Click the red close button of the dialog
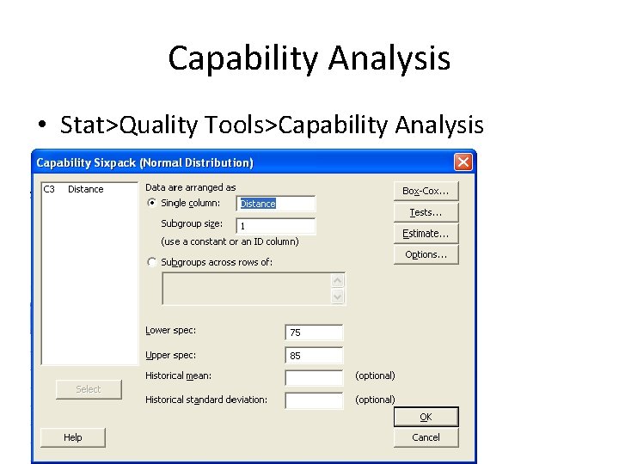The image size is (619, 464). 463,162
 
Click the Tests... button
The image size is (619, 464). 426,212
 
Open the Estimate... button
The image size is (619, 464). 426,233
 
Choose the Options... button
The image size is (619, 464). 426,254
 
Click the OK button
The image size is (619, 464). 426,417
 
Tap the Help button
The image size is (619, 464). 73,437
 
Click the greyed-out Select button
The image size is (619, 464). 89,389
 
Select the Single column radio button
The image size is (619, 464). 152,204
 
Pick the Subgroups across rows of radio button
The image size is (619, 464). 152,262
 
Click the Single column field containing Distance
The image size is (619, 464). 275,204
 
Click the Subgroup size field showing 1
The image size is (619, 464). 275,226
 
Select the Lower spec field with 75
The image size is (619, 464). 313,333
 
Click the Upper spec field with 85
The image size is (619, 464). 313,355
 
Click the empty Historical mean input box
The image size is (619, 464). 313,377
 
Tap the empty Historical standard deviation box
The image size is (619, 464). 313,400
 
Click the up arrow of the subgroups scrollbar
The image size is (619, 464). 338,280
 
